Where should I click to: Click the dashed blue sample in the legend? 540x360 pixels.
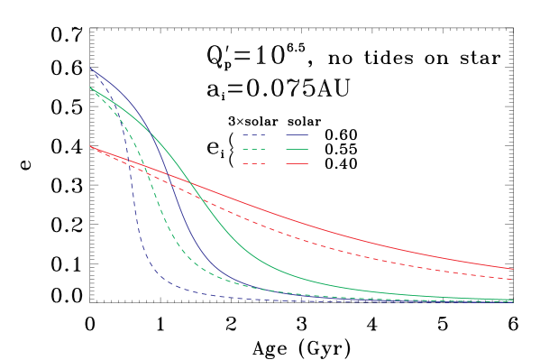pos(253,134)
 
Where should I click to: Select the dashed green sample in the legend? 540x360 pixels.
pos(253,149)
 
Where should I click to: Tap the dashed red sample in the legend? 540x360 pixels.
pos(253,163)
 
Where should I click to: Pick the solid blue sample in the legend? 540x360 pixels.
pos(297,134)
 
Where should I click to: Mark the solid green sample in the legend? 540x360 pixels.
pos(297,149)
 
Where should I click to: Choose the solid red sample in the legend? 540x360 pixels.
pos(297,163)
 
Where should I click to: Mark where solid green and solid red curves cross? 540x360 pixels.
pos(188,183)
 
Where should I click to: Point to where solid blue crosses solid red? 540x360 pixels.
pos(171,177)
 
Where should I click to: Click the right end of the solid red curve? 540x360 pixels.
pos(513,269)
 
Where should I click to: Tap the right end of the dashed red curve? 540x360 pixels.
pos(513,280)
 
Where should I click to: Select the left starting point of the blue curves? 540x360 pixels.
pos(90,68)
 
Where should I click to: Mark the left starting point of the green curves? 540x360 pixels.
pos(90,88)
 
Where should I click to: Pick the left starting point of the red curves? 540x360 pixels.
pos(90,146)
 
